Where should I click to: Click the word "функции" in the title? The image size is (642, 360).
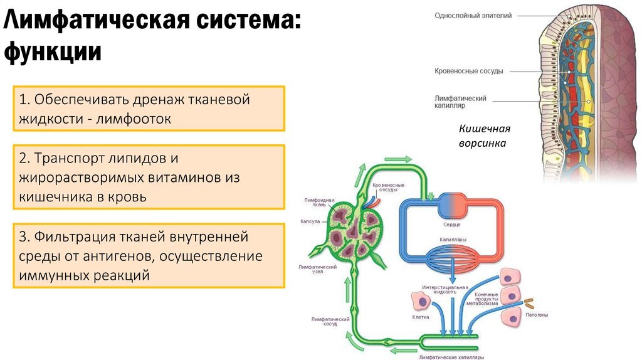click(x=53, y=51)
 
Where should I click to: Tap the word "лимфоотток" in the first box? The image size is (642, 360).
click(x=134, y=118)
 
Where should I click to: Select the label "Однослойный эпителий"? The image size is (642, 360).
click(x=473, y=16)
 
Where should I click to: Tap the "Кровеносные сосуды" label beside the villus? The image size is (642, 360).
click(x=468, y=71)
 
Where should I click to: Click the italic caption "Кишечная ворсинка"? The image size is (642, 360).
click(x=484, y=136)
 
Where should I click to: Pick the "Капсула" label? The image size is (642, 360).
click(x=310, y=221)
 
